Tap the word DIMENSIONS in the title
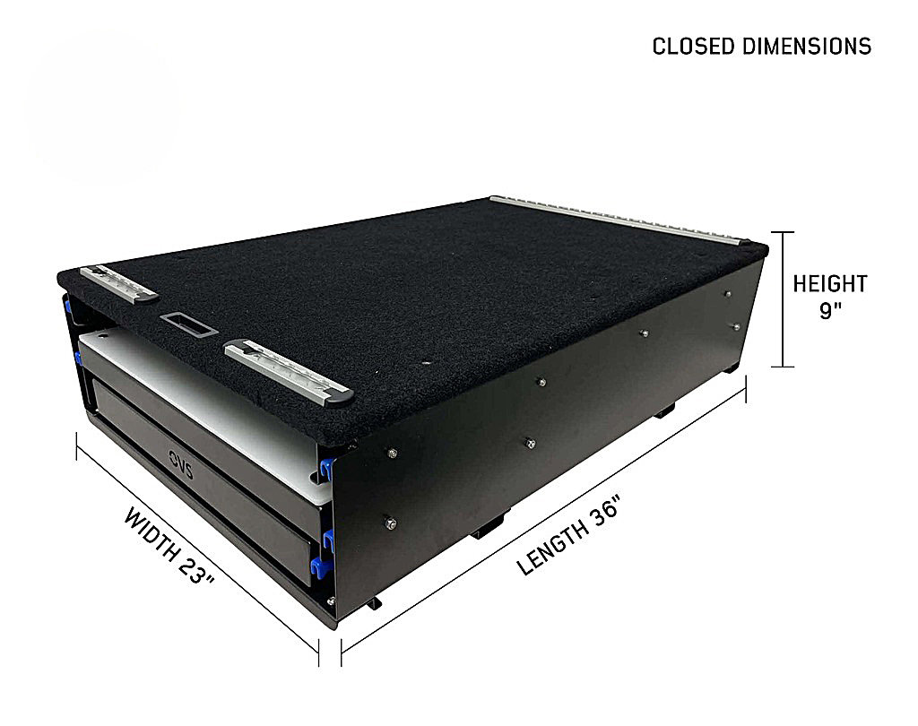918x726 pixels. click(x=808, y=47)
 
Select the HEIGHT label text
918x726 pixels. click(x=829, y=284)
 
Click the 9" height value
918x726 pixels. click(x=829, y=310)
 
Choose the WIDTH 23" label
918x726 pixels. click(x=169, y=546)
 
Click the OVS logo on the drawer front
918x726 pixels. click(x=181, y=464)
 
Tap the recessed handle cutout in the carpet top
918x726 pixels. click(x=189, y=324)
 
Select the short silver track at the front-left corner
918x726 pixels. click(x=119, y=283)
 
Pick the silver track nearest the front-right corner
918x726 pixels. click(x=290, y=372)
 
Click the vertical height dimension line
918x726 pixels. click(x=782, y=299)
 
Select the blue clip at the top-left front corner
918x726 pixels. click(x=68, y=305)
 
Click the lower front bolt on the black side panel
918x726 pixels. click(x=390, y=523)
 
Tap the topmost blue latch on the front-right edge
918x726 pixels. click(x=326, y=469)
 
